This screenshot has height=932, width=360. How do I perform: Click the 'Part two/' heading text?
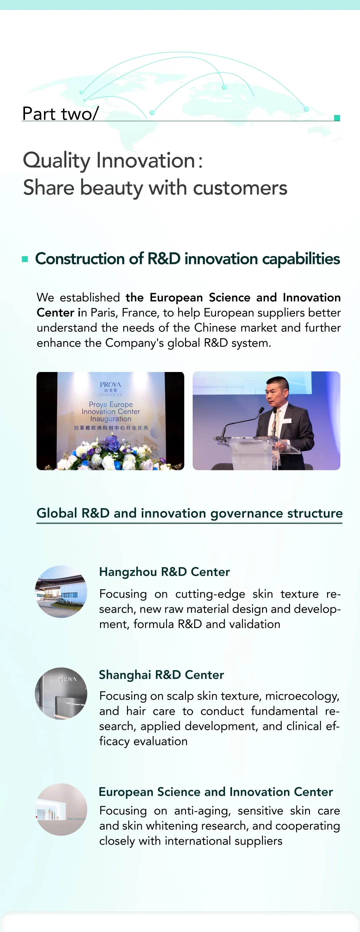click(60, 114)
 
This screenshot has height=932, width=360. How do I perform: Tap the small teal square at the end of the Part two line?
click(337, 118)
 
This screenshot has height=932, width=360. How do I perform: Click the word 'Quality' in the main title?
click(56, 161)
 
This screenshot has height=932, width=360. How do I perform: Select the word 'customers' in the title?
click(240, 188)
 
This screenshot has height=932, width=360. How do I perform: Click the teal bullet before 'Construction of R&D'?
click(25, 259)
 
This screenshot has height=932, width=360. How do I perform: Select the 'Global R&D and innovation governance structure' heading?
click(190, 513)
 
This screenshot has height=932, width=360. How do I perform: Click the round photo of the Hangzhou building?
click(61, 592)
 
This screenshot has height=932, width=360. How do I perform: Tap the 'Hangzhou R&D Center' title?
click(165, 572)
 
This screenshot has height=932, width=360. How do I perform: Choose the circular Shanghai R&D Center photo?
click(61, 694)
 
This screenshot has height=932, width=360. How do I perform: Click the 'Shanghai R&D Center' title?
click(161, 675)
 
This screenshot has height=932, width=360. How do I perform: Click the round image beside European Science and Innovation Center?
click(61, 809)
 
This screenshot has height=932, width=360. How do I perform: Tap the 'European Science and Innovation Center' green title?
click(216, 792)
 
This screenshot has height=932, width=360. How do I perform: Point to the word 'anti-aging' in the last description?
click(202, 811)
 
